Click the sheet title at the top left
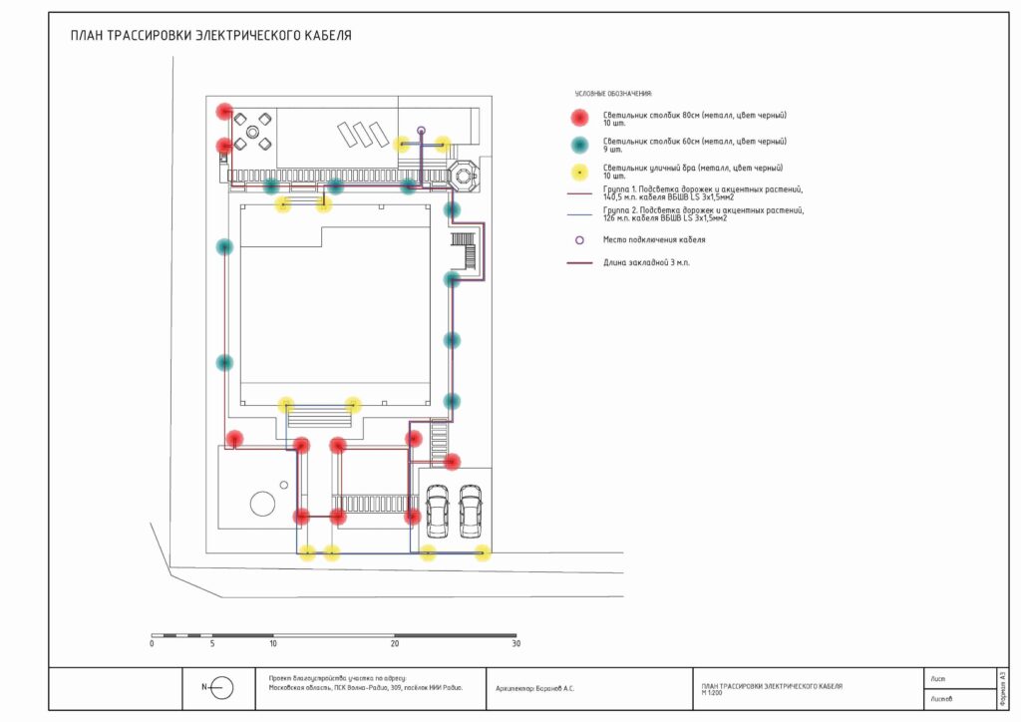pos(210,36)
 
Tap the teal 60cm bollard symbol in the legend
pos(579,145)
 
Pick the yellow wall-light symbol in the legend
pos(579,171)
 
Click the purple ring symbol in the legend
pos(579,240)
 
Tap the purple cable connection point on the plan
pos(421,131)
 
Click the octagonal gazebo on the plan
pos(464,174)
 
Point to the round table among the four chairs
pos(252,131)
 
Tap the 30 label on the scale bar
pos(515,644)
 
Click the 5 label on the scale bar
pos(212,644)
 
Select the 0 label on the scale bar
pos(152,644)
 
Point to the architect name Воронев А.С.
pos(534,688)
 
